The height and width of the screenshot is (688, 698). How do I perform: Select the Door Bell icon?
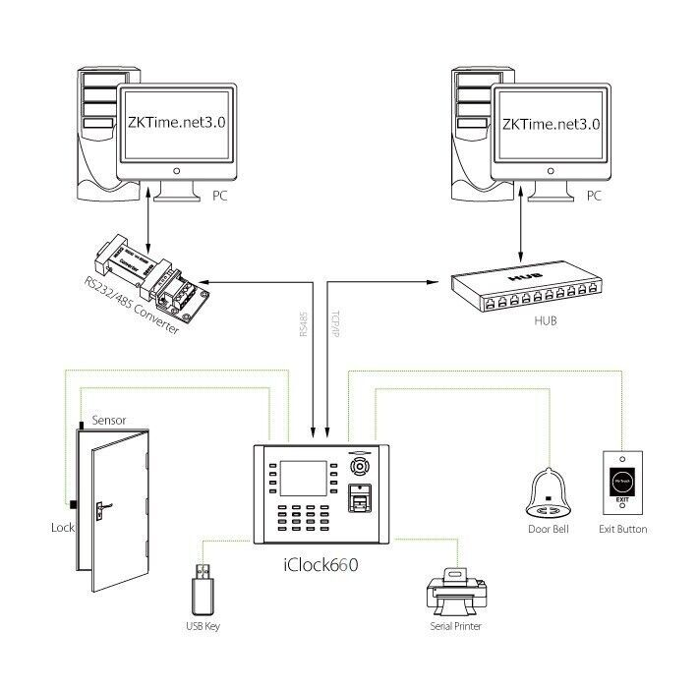tap(548, 490)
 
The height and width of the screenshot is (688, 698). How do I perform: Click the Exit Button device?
tap(622, 483)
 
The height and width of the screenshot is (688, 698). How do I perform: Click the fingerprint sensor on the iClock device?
tap(362, 502)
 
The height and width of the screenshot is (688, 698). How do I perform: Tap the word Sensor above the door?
tap(108, 420)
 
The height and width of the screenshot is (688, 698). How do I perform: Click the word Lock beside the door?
tap(62, 528)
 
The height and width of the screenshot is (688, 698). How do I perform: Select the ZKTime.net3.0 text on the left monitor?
tap(177, 125)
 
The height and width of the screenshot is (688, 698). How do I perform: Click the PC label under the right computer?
tap(593, 197)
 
